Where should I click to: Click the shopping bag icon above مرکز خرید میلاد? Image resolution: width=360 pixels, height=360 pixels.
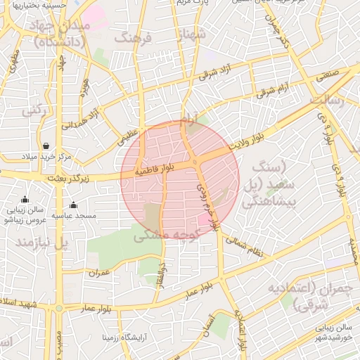[46, 146]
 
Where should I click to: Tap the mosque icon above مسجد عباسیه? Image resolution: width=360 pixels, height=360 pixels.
[73, 205]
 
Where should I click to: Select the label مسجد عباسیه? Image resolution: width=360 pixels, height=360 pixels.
[75, 215]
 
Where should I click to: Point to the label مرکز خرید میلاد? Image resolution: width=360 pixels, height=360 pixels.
[47, 156]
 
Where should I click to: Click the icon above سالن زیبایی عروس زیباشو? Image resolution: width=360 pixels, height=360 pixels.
[25, 200]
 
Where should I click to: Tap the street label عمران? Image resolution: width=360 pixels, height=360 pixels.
[99, 272]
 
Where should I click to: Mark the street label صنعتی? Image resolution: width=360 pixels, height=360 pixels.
[333, 72]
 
